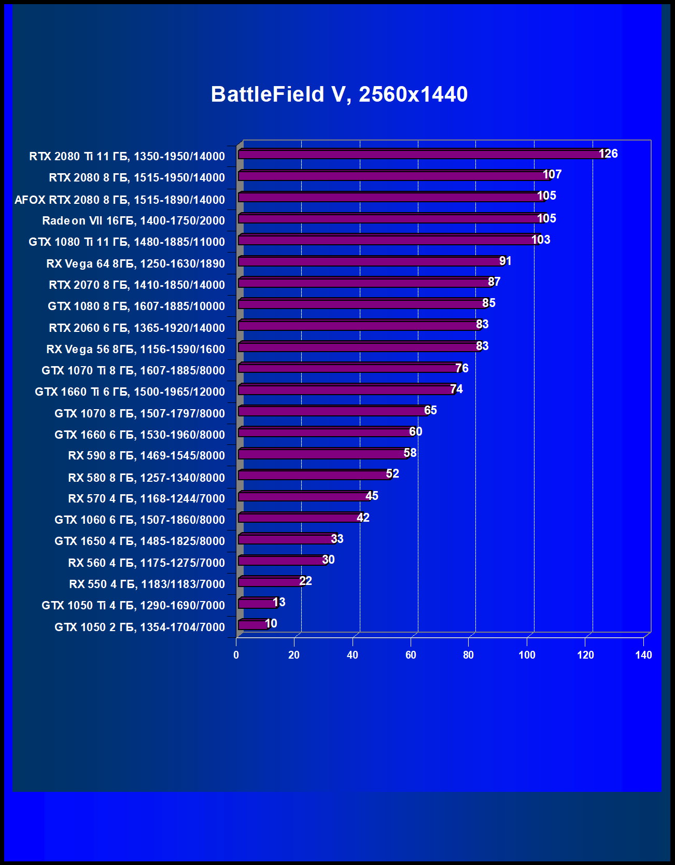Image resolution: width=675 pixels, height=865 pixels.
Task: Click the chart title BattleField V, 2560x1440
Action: click(339, 94)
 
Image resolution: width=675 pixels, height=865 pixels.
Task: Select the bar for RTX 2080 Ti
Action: click(420, 155)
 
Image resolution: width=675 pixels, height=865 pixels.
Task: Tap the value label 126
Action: click(608, 154)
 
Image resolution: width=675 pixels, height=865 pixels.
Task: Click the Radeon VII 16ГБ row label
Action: click(133, 221)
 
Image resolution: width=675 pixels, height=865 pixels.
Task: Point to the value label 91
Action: click(505, 261)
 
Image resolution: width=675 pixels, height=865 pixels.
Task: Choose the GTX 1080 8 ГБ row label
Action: click(136, 306)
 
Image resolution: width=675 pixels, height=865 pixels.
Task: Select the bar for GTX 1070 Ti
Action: click(349, 368)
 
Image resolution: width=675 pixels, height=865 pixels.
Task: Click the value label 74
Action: click(456, 389)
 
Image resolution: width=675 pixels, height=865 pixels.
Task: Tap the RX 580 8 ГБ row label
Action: click(146, 478)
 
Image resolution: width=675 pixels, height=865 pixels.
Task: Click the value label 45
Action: click(372, 496)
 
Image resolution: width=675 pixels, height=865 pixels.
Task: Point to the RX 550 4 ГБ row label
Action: click(147, 584)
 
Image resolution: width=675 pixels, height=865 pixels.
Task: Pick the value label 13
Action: click(279, 602)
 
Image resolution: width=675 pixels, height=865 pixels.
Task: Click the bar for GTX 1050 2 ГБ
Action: click(253, 624)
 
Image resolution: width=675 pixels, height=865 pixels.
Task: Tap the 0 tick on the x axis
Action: click(236, 655)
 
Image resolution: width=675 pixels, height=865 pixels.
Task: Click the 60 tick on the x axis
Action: click(411, 655)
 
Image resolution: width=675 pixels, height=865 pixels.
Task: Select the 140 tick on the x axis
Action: click(643, 655)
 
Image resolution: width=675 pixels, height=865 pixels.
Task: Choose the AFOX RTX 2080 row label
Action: click(119, 200)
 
